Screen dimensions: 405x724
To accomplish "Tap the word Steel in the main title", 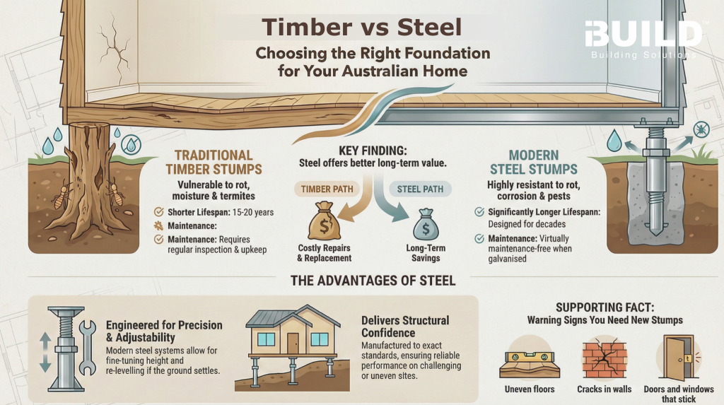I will [424, 28].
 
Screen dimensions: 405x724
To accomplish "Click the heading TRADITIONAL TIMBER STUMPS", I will [214, 162].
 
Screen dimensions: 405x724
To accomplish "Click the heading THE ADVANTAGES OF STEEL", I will [373, 281].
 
